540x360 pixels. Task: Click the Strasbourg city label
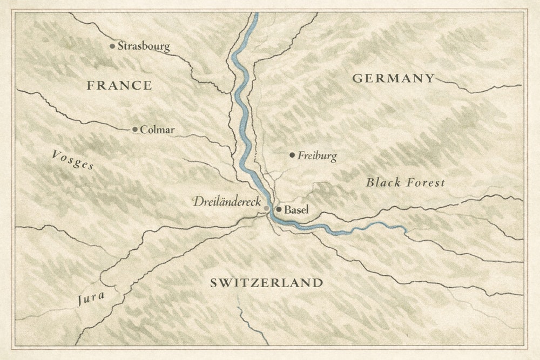pos(144,46)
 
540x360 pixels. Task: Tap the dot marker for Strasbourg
pos(112,46)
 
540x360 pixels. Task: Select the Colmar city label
pos(157,130)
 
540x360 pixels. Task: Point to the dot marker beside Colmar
pos(135,130)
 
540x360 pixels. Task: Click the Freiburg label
pos(317,157)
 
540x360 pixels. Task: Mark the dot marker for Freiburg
pos(292,155)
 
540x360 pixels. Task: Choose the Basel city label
pos(296,209)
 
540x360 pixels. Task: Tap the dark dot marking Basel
pos(279,209)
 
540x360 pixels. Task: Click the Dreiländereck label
pos(227,202)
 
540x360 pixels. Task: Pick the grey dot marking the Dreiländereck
pos(267,208)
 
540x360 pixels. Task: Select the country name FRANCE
pos(119,85)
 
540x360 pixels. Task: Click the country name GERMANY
pos(393,78)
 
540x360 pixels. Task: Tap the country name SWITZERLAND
pos(266,283)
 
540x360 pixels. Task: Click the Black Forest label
pos(406,182)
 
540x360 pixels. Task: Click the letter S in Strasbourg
pos(121,46)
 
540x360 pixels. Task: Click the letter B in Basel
pos(287,209)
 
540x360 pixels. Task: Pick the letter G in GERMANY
pos(357,78)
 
